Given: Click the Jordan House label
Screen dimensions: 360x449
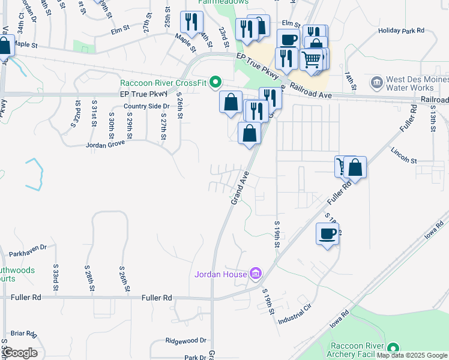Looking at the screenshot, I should coord(220,275).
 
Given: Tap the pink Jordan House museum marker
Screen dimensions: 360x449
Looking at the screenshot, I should coord(256,274).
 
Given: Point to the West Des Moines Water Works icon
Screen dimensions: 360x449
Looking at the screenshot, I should coord(377,81).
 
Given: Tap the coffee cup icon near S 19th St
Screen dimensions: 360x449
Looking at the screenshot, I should coord(327,234).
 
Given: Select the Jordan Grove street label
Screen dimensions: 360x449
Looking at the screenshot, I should coord(106,145).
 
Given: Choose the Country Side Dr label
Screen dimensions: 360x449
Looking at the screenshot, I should coord(147,106).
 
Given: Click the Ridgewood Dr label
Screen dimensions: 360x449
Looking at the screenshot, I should coord(185,340).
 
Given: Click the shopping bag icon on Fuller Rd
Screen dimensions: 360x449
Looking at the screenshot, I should coord(355,168).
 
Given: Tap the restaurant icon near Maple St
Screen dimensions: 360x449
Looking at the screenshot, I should coord(191,22).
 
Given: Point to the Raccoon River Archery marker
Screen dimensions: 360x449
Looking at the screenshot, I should coord(393,347).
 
